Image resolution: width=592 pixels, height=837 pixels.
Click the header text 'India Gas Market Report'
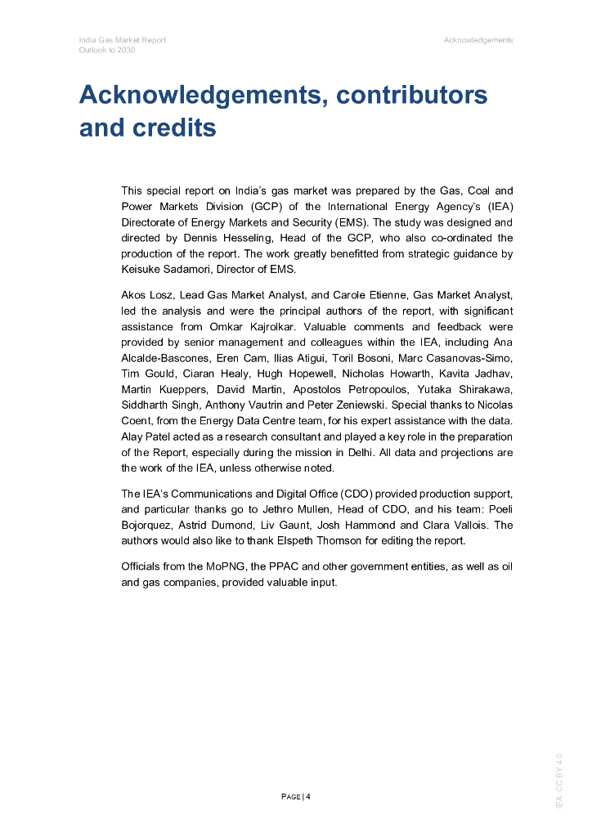[x=122, y=40]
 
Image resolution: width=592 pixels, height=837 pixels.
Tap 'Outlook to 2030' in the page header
[x=107, y=50]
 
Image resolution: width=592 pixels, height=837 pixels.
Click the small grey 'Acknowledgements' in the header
[x=478, y=40]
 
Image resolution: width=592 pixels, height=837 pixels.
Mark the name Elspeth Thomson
[x=361, y=541]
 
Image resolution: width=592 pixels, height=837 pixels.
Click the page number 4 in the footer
[x=308, y=797]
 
